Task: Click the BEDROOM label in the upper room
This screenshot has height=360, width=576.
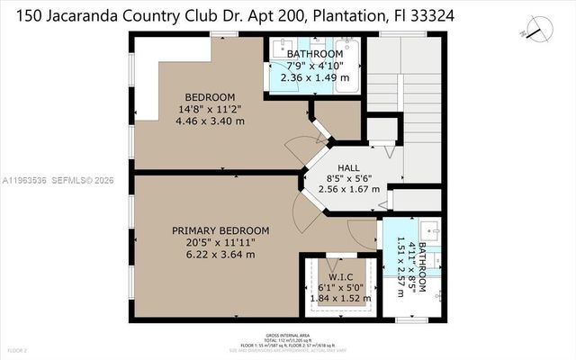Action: (210, 97)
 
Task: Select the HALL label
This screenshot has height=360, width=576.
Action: (348, 167)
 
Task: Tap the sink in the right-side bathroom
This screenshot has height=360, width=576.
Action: (430, 228)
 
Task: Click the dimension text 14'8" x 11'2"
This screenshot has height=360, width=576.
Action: (210, 109)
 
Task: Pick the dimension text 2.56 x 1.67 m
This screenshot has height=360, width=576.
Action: (348, 190)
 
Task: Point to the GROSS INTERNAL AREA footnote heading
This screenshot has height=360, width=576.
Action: (289, 330)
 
